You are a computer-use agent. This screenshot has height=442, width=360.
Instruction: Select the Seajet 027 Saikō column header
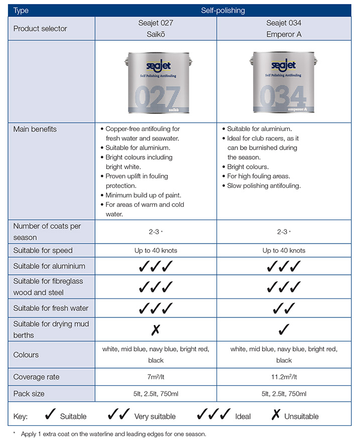click(156, 29)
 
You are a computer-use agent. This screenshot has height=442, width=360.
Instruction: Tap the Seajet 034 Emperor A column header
click(284, 29)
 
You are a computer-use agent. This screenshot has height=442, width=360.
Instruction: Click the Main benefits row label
click(35, 129)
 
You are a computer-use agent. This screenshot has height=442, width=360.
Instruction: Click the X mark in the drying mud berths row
click(156, 329)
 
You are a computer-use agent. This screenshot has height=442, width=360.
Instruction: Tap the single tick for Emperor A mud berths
click(284, 329)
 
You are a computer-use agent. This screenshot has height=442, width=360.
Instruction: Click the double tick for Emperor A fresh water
click(284, 308)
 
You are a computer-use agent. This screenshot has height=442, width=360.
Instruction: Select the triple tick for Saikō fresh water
click(156, 308)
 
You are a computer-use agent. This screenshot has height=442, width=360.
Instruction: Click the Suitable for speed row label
click(43, 250)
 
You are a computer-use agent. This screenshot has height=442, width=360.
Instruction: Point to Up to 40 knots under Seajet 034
click(284, 250)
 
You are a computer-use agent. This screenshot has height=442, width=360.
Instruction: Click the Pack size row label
click(29, 394)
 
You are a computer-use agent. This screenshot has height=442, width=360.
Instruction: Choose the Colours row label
click(26, 355)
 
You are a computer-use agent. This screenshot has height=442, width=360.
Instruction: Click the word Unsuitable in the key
click(301, 416)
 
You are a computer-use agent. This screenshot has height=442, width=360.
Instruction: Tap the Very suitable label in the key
click(155, 416)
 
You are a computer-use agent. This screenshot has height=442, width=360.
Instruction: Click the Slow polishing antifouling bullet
click(264, 186)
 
